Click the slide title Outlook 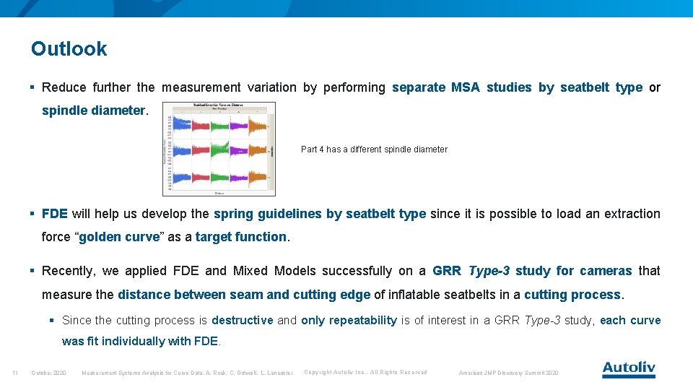69,49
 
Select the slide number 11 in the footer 15,373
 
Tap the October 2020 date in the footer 48,373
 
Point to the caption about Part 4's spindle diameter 374,149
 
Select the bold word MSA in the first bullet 465,87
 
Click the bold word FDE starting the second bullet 55,214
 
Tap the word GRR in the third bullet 448,271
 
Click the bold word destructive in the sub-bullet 242,320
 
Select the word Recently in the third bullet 69,271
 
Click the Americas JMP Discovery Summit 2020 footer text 509,373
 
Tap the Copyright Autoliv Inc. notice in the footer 365,373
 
